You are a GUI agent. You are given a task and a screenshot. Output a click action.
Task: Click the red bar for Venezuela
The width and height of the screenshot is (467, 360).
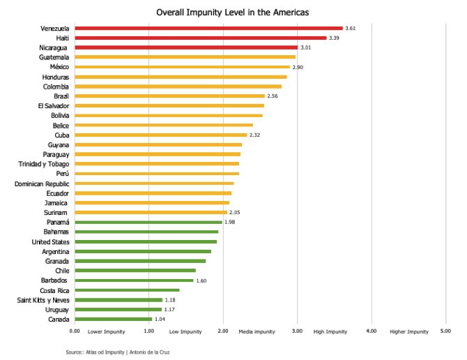click(x=209, y=29)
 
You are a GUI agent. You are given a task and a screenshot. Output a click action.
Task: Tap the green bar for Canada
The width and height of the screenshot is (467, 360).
click(x=113, y=319)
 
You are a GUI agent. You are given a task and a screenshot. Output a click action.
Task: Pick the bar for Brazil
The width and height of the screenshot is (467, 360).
click(x=170, y=96)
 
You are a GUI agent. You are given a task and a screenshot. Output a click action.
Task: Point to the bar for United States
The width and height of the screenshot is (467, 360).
click(x=146, y=241)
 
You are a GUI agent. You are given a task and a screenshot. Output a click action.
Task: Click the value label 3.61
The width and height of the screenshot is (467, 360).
click(x=351, y=29)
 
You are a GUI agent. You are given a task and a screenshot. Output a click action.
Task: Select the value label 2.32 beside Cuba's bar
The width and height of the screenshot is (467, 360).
click(x=255, y=135)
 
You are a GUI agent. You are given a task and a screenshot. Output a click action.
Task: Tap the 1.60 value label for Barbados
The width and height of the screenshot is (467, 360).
click(x=201, y=280)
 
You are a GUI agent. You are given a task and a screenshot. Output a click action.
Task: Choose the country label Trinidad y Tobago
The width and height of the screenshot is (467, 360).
click(x=44, y=164)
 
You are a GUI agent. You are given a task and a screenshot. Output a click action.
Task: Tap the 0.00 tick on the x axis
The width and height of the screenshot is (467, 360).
click(x=75, y=331)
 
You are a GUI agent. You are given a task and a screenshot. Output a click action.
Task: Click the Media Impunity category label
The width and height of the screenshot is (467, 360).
click(x=257, y=332)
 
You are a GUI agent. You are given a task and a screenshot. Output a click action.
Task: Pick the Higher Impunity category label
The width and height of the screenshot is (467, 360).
click(x=409, y=332)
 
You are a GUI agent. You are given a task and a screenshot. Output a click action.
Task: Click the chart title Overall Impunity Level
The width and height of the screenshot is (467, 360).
click(x=233, y=13)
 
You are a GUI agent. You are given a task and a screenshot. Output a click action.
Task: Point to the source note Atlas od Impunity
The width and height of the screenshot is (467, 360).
click(x=117, y=352)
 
